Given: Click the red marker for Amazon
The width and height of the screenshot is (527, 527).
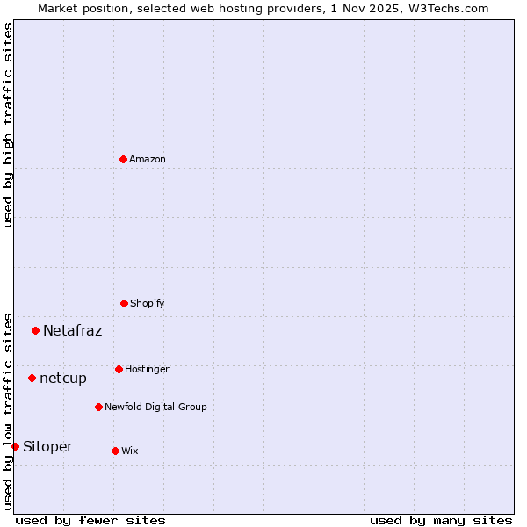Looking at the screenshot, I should tap(123, 159).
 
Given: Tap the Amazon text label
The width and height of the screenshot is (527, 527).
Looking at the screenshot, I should tap(148, 160).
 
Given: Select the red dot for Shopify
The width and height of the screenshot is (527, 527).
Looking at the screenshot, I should tap(124, 303).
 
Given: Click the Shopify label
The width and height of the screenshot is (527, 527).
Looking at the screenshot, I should tap(148, 304).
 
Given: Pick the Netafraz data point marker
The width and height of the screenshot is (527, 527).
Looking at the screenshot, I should tap(35, 330).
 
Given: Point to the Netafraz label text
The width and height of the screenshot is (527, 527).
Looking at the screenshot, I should tap(72, 331).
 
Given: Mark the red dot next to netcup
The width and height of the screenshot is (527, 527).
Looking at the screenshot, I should tap(32, 378).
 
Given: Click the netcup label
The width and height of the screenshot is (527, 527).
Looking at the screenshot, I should tap(63, 379).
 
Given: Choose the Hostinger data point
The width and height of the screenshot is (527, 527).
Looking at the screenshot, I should tap(119, 369).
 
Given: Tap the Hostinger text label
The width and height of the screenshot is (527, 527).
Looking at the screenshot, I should tap(147, 370).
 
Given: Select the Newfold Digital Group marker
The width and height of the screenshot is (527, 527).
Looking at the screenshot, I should tap(98, 407).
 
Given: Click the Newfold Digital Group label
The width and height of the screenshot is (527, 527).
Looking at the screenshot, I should tap(155, 408).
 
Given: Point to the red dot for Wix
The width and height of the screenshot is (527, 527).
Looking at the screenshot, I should tap(115, 451).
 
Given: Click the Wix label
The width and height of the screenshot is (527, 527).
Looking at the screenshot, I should tap(130, 451).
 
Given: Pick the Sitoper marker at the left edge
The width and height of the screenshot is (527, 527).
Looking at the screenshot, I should tap(15, 446).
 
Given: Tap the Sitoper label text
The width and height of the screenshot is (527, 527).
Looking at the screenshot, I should tap(47, 447).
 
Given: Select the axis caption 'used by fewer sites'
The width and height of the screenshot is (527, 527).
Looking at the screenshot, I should tap(90, 520).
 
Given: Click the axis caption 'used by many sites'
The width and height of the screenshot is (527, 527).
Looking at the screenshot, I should tap(441, 520).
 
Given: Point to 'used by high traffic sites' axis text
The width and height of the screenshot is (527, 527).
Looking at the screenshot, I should tap(8, 125).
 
